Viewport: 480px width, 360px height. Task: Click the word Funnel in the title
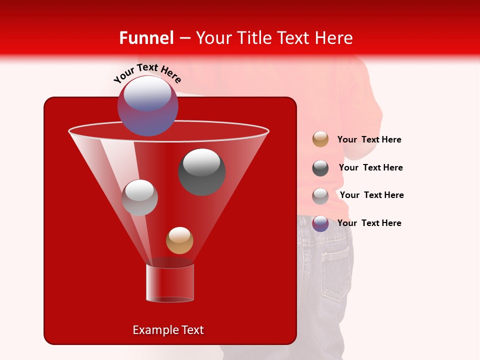[146, 38]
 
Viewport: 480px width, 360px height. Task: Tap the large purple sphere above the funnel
[148, 105]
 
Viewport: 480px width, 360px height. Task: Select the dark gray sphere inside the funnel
[202, 171]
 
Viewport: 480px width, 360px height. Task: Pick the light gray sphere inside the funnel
[140, 197]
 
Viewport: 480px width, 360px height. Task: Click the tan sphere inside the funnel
[179, 240]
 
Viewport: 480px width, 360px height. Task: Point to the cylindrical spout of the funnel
[170, 282]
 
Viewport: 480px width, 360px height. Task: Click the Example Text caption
[168, 330]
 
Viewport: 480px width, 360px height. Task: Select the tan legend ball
[320, 139]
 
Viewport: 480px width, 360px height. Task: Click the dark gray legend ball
[320, 168]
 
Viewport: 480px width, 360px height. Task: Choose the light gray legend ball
[320, 196]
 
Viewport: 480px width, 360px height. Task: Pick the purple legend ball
[320, 223]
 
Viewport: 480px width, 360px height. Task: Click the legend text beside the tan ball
[369, 140]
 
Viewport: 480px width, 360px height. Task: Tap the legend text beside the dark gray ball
[370, 168]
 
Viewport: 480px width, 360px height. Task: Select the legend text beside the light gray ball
[371, 195]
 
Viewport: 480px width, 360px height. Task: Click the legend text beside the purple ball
[369, 223]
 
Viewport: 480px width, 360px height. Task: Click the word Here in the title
[335, 38]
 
